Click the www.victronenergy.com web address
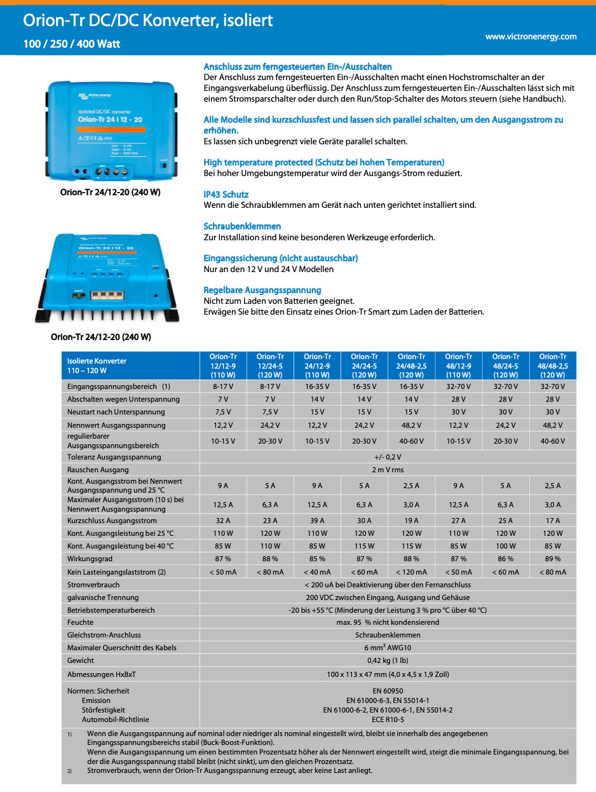coord(531,37)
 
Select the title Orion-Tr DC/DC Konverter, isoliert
coord(148,20)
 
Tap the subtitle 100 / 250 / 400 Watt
coord(72,44)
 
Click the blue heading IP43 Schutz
coord(226,195)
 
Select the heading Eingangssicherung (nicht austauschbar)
coord(280,258)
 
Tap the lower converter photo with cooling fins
coord(105,277)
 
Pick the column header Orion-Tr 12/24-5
coord(270,365)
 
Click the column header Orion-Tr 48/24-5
coord(506,365)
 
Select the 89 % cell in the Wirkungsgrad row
coord(553,559)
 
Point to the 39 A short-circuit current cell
coord(317,521)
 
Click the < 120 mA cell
coord(411,572)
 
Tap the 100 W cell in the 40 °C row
coord(506,546)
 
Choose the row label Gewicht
coord(81,660)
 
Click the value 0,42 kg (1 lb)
coord(388,660)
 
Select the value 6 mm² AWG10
coord(388,648)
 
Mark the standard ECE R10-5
coord(388,720)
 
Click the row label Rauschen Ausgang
coord(98,470)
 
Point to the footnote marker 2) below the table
coord(71,770)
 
